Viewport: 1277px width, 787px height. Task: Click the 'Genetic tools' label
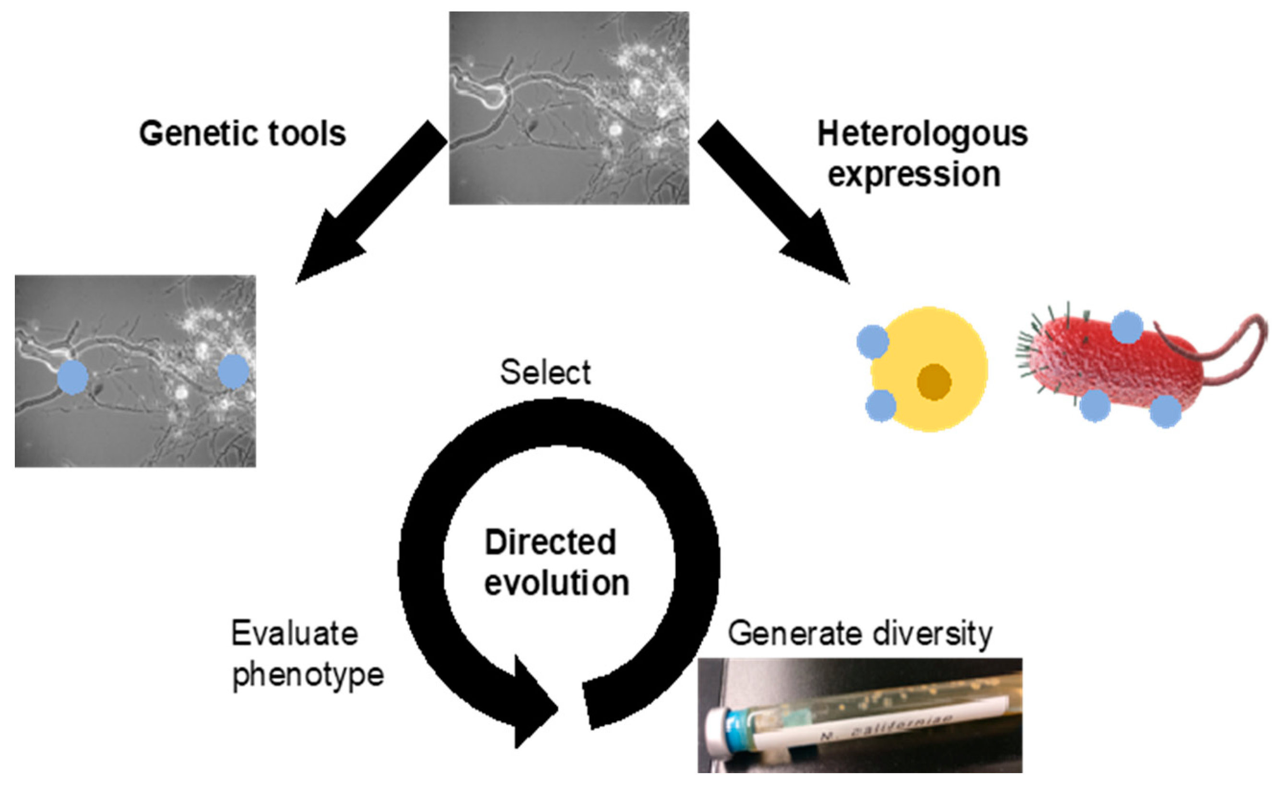pos(242,134)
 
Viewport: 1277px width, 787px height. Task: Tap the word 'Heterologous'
pos(922,134)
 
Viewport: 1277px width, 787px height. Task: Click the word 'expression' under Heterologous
pos(914,175)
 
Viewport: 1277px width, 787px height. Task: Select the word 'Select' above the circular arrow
pos(545,372)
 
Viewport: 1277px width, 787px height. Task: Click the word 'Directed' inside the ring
pos(550,542)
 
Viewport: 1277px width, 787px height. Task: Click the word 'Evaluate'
pos(295,634)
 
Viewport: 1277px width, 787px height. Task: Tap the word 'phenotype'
pos(307,675)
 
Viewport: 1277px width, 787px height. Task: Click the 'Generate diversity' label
pos(860,634)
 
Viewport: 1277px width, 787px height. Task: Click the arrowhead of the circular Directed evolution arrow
pos(533,703)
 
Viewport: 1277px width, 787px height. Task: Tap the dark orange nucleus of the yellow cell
pos(934,382)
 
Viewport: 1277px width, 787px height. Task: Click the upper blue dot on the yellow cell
pos(873,341)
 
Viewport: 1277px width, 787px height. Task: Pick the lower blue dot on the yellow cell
pos(881,405)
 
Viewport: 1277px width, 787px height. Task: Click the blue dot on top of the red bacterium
pos(1127,327)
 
